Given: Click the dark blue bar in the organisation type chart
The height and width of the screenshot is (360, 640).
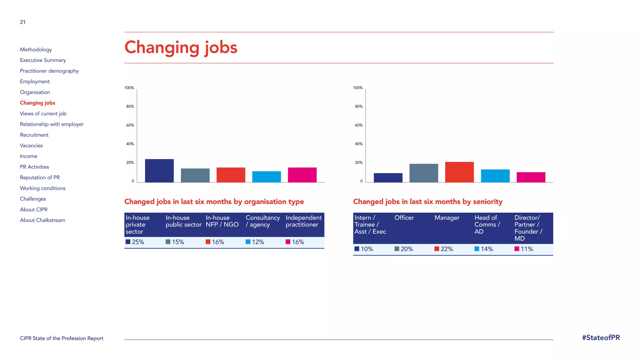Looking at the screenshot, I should (159, 171).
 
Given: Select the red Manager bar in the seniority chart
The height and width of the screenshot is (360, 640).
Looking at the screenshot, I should (459, 172).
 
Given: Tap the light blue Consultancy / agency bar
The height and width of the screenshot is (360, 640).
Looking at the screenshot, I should (267, 177).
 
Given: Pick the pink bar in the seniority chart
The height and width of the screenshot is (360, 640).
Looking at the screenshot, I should (531, 177).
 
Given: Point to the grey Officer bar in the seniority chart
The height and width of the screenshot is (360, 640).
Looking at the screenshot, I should (424, 173).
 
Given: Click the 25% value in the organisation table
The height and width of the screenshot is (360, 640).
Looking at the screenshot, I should (138, 242).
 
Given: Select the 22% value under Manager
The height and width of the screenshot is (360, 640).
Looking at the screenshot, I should (447, 249).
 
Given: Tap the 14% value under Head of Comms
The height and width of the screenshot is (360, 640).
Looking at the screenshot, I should (487, 249).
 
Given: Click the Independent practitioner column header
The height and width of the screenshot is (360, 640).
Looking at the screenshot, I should (303, 221).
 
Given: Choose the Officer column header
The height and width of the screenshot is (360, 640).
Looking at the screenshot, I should (404, 218).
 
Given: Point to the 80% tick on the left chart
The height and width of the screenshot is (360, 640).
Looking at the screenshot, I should (130, 107).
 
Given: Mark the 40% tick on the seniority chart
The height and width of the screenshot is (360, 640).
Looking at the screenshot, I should (359, 144).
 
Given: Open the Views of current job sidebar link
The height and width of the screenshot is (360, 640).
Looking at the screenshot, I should (43, 114).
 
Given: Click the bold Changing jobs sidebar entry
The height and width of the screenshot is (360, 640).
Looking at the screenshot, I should (37, 103).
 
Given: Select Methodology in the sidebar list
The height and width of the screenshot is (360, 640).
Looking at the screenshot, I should (36, 50).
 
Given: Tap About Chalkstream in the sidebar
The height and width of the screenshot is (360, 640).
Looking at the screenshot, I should (42, 220).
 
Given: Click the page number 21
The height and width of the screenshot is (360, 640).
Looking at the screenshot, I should (23, 22).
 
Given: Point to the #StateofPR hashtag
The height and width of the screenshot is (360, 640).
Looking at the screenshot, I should (601, 338).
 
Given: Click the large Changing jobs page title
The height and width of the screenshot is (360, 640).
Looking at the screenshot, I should (181, 47).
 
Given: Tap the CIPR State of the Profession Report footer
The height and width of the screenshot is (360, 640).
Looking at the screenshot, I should (62, 338).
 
